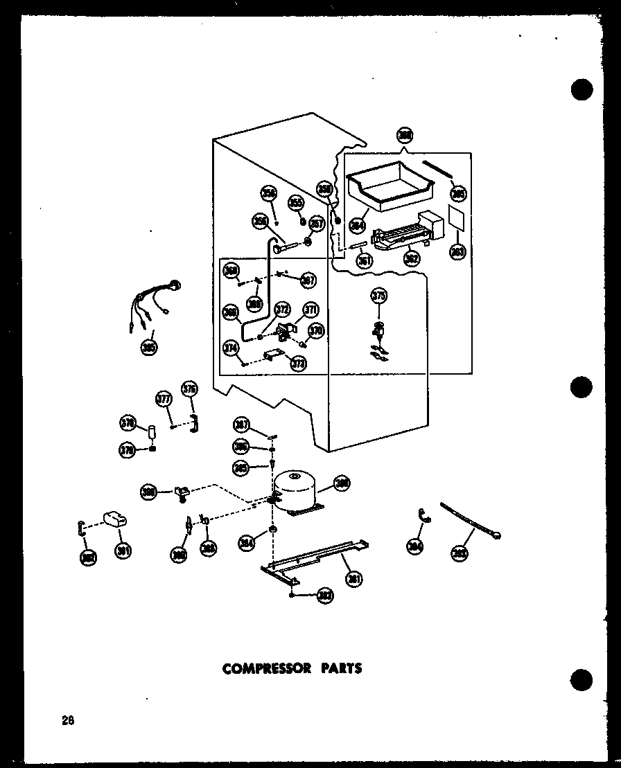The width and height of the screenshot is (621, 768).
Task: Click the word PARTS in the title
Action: [x=340, y=668]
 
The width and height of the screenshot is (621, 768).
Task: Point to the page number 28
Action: [x=67, y=720]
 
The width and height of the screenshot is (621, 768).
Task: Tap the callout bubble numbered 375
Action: [x=378, y=297]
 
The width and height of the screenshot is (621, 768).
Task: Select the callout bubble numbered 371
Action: [x=310, y=310]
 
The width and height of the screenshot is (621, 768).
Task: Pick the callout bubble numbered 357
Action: [x=317, y=224]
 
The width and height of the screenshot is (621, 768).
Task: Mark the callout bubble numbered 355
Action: [x=296, y=203]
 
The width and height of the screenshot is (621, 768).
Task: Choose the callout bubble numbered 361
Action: [x=365, y=260]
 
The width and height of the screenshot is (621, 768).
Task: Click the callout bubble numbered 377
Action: [x=163, y=400]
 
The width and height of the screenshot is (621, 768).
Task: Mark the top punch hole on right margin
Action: [x=581, y=91]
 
